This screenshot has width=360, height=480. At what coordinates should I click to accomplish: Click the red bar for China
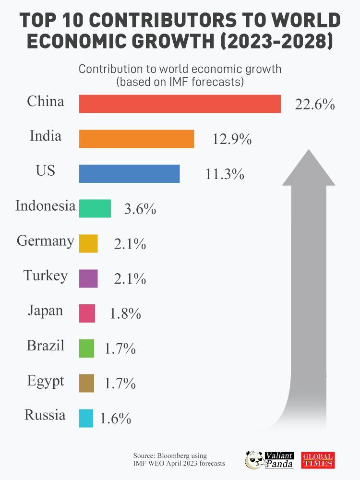(180, 104)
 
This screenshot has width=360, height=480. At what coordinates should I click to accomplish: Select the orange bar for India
(136, 139)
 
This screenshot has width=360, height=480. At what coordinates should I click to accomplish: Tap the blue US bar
(129, 173)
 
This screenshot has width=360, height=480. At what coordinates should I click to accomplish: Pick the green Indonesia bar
(95, 208)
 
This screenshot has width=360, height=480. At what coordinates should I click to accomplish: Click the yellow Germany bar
(88, 243)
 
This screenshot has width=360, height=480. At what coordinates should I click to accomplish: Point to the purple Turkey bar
(88, 278)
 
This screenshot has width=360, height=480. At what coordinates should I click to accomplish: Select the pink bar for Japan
(87, 313)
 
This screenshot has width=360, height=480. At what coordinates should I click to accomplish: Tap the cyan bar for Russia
(86, 418)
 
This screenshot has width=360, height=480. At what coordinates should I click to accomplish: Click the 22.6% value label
(314, 105)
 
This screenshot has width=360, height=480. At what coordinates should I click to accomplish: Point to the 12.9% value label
(232, 139)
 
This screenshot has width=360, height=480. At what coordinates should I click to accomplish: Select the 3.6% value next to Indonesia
(140, 209)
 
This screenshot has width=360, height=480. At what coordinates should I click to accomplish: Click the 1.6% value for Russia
(115, 419)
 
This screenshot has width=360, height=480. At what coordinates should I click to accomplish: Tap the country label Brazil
(46, 346)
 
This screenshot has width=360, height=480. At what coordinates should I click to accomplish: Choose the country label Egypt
(46, 382)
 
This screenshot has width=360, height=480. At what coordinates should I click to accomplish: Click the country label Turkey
(46, 276)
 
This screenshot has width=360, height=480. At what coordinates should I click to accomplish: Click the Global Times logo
(318, 460)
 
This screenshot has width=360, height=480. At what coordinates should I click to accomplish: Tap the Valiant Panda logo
(269, 460)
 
